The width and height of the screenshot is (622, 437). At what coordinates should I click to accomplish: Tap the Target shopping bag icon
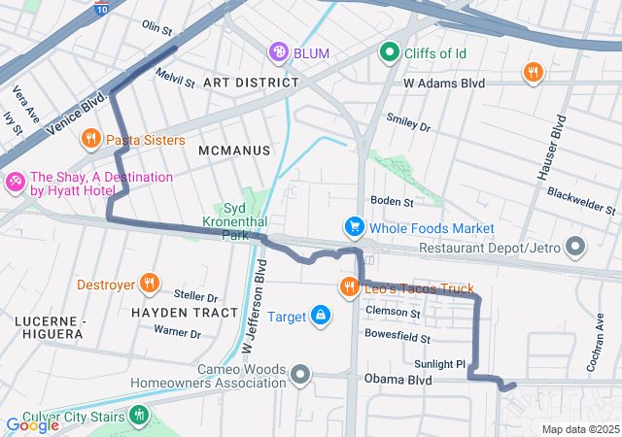click(320, 316)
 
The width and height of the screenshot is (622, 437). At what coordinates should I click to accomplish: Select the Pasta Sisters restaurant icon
click(90, 140)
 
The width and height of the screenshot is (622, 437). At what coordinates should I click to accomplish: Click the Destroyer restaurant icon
click(148, 285)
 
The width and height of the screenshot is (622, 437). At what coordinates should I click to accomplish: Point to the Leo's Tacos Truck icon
click(349, 287)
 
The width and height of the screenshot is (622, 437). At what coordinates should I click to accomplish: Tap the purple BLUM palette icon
click(278, 51)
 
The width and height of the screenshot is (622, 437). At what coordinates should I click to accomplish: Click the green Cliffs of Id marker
click(390, 51)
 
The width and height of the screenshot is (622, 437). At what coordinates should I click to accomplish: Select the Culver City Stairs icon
click(140, 416)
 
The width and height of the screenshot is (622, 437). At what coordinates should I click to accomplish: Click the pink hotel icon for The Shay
click(16, 182)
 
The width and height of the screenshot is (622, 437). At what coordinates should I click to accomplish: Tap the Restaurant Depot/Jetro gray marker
click(576, 248)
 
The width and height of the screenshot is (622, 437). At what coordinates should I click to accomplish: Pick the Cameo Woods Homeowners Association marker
click(302, 374)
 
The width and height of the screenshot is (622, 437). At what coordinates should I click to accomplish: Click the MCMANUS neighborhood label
click(233, 151)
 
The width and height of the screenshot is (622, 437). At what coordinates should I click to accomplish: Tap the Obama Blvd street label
click(397, 381)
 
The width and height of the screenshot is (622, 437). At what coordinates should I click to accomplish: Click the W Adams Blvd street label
click(444, 84)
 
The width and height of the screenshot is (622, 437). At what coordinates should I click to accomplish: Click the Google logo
click(32, 424)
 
